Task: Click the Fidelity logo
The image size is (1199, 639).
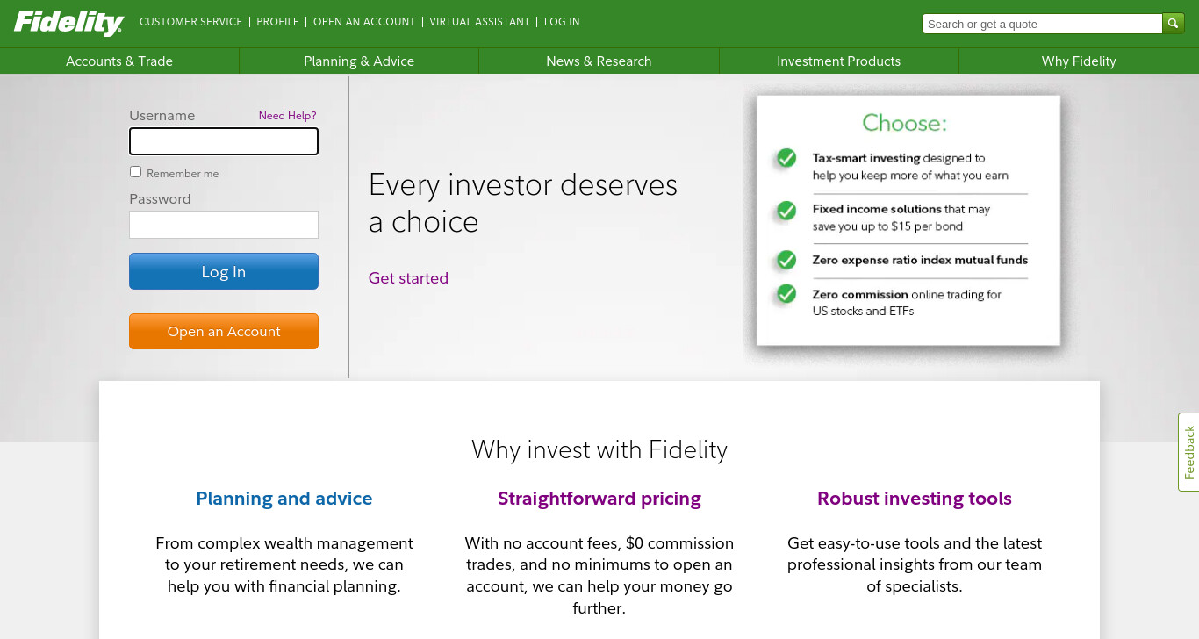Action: (x=68, y=23)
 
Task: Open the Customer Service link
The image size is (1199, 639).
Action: (x=190, y=22)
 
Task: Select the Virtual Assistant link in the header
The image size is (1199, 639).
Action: (x=479, y=22)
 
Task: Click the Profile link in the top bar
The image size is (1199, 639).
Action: (x=277, y=22)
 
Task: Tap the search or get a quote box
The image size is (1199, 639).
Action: (x=1042, y=24)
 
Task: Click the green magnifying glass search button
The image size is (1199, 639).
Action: (x=1173, y=24)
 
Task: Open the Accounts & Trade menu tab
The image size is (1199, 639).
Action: (x=119, y=61)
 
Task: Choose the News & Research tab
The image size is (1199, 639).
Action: (x=599, y=61)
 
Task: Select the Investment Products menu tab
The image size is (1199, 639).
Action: (x=839, y=61)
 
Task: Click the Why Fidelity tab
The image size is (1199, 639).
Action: (x=1079, y=61)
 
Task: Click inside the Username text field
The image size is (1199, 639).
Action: (x=224, y=141)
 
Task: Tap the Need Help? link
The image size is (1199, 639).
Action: (x=287, y=116)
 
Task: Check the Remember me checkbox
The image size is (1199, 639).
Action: (x=135, y=172)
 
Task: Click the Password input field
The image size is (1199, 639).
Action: (x=224, y=225)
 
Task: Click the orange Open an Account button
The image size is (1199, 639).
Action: (x=224, y=331)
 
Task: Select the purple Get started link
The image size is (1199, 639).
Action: (x=408, y=278)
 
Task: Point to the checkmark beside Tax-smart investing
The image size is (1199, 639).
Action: (x=786, y=158)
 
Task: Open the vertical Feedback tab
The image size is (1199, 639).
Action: (x=1188, y=452)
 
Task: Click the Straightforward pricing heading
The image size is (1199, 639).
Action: (x=599, y=499)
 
